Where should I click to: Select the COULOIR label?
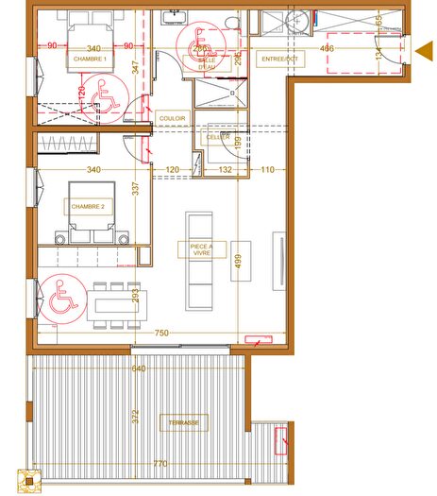click(x=173, y=118)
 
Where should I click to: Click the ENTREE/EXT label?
click(x=278, y=60)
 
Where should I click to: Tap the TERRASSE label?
click(x=184, y=422)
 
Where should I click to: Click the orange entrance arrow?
click(x=424, y=48)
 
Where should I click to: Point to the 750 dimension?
click(x=161, y=334)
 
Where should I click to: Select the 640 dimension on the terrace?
click(x=139, y=368)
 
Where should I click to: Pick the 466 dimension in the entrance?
click(x=326, y=48)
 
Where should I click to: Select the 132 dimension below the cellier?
click(x=226, y=170)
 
